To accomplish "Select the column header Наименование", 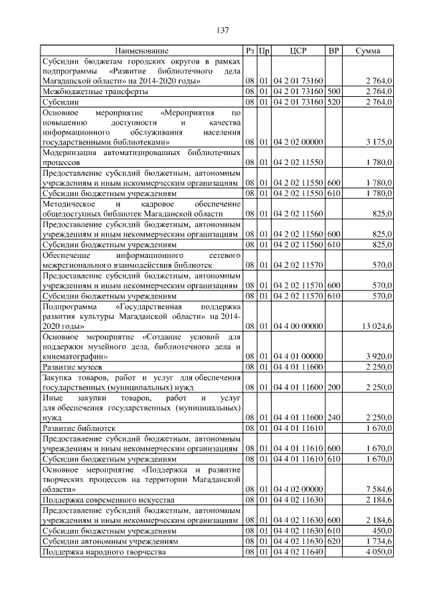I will click(x=141, y=50).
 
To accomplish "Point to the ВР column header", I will click(x=334, y=50).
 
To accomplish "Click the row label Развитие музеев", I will click(x=72, y=367).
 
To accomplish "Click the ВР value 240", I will click(x=334, y=419).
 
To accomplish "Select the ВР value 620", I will click(x=334, y=541).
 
